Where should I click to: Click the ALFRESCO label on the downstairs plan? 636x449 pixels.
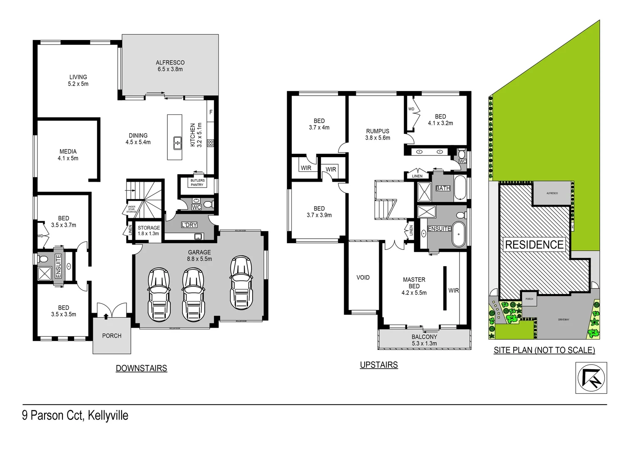tap(170, 66)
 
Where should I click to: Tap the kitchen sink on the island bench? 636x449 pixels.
tap(177, 143)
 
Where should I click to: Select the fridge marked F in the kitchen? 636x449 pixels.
tap(211, 112)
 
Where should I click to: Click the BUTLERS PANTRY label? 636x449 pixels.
tap(197, 183)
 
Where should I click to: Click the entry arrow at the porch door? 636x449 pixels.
tap(106, 316)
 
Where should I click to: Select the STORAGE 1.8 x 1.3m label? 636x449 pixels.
tap(149, 230)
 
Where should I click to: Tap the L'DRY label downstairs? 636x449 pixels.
tap(189, 225)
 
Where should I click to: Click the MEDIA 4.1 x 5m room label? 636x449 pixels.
tap(68, 155)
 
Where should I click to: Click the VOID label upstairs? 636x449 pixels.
tap(363, 277)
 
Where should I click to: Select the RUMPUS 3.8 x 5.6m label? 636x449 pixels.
tap(378, 134)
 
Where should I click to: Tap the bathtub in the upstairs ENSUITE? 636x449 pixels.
tap(459, 235)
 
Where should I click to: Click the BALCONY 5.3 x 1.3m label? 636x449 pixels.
tap(424, 340)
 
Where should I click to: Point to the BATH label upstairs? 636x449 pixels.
tap(443, 188)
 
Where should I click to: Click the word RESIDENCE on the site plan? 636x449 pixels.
tap(534, 244)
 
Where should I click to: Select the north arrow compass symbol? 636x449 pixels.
tap(591, 377)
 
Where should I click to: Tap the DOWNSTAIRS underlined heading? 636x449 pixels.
tap(141, 368)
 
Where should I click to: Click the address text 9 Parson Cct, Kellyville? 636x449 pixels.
tap(75, 415)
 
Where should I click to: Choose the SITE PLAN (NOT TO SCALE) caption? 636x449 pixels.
tap(544, 350)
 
